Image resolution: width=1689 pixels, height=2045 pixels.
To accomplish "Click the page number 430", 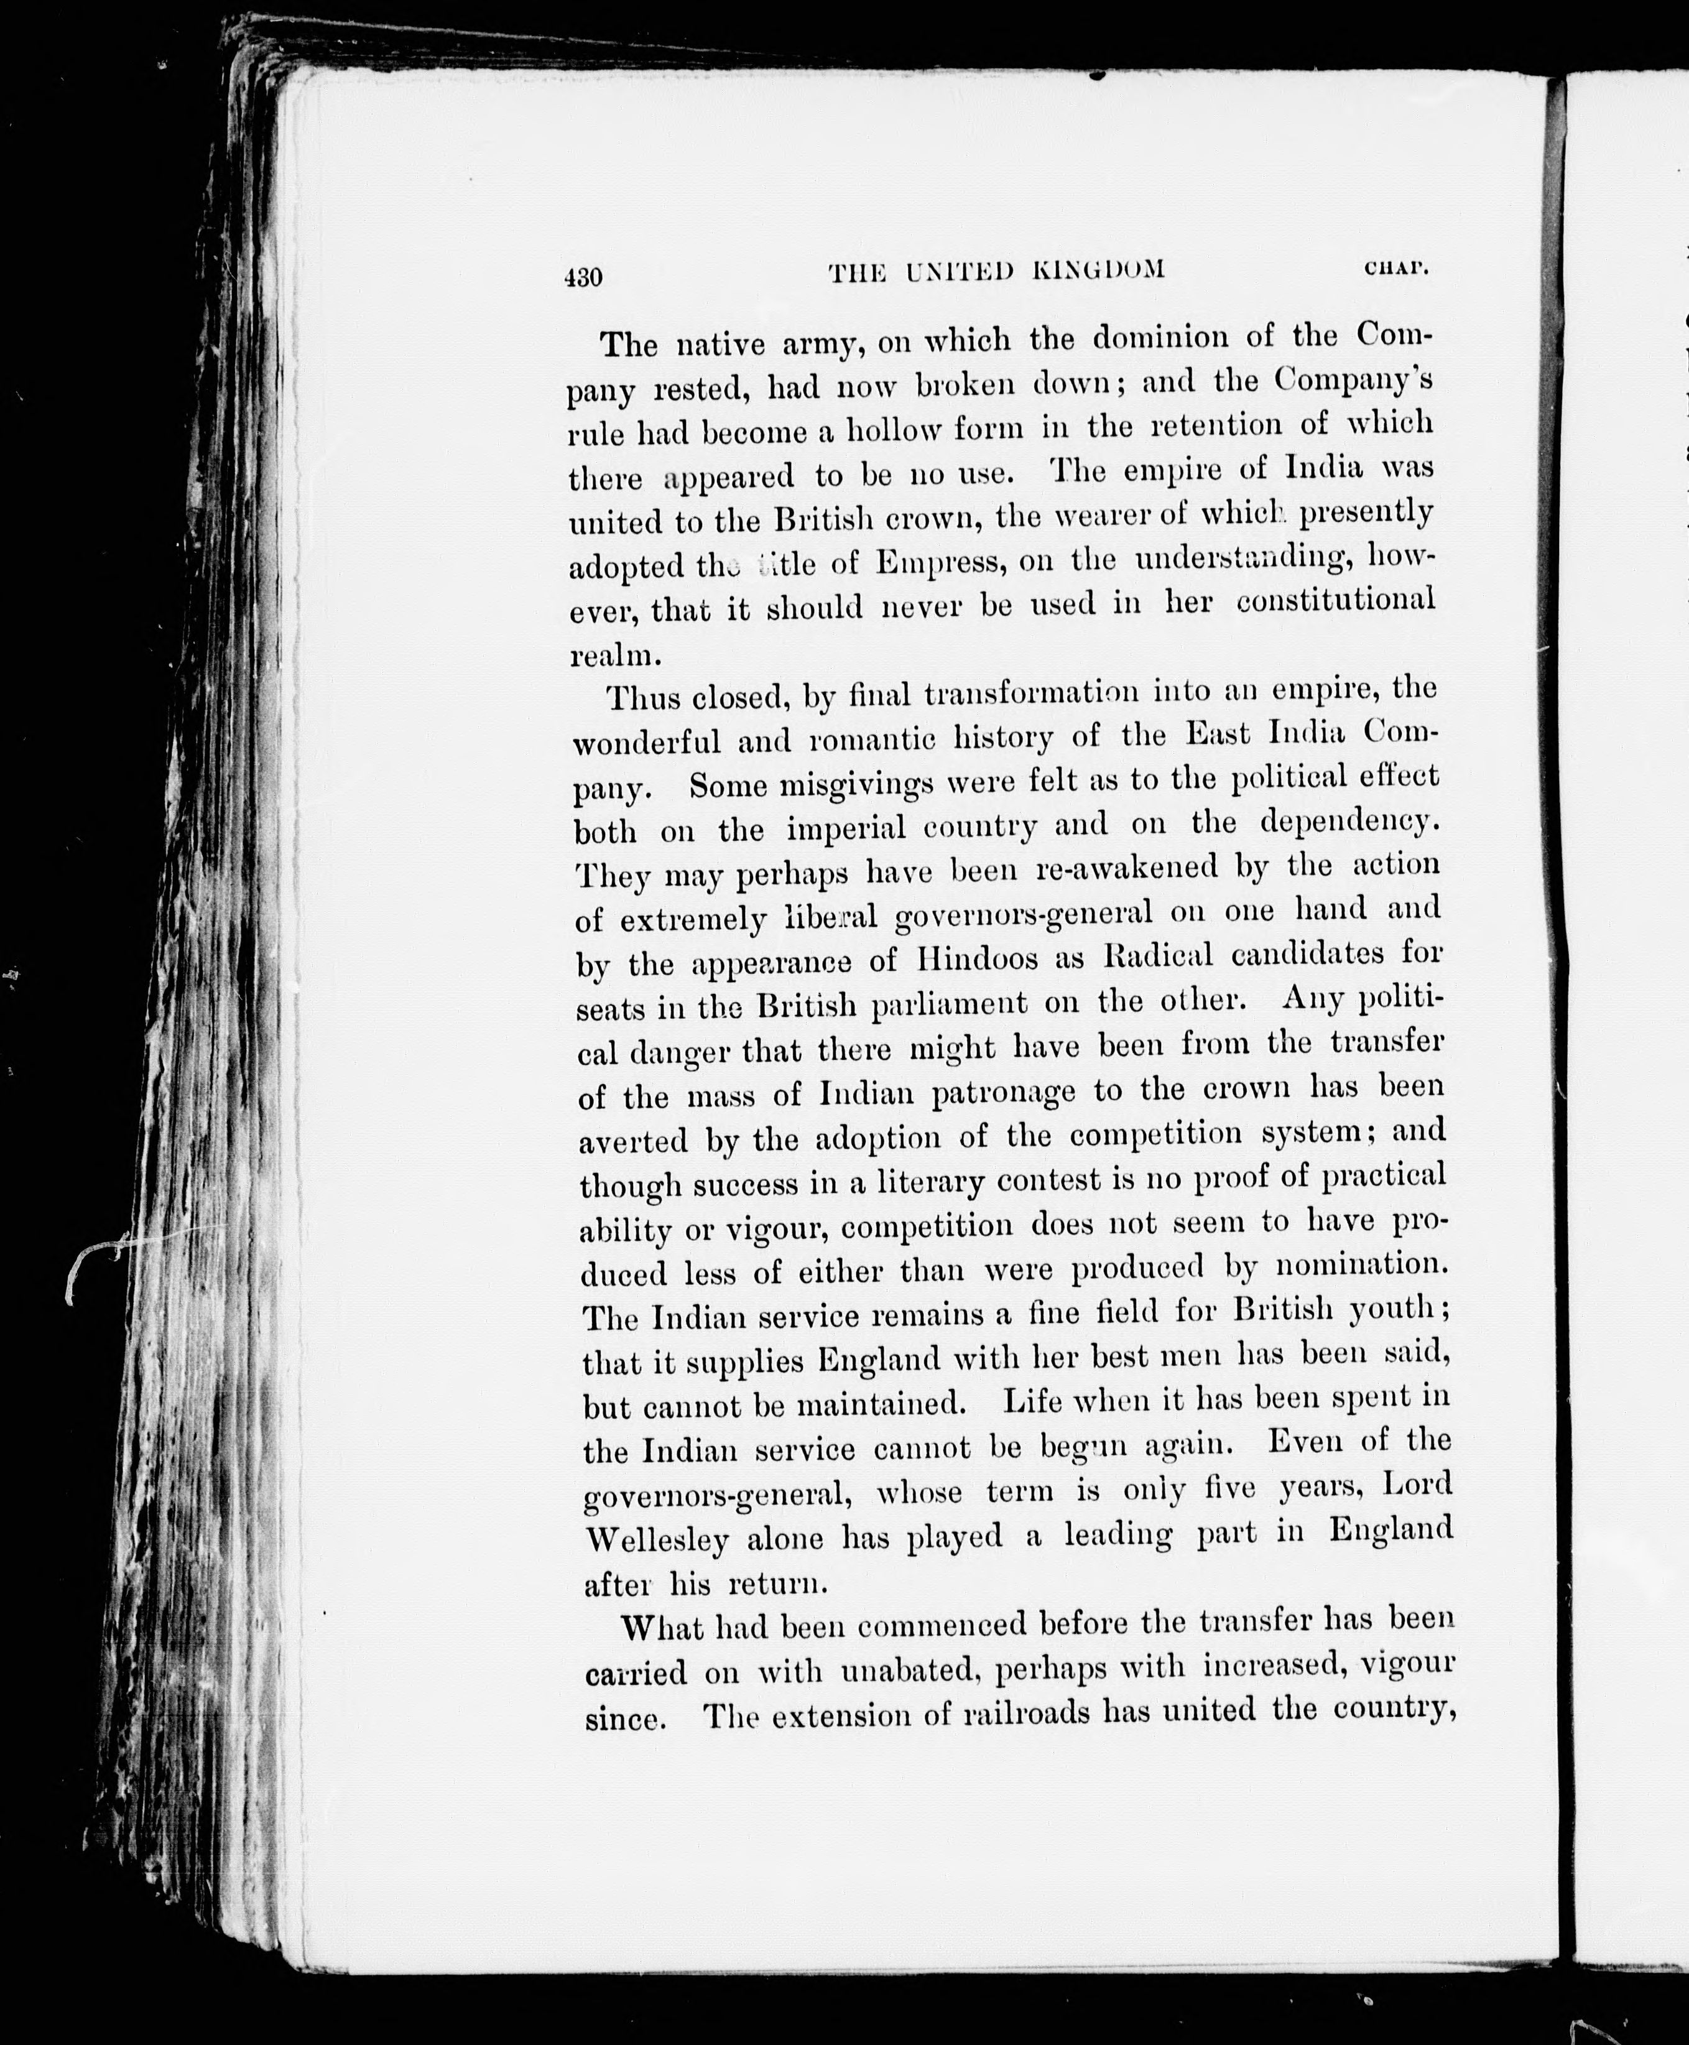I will pos(584,277).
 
